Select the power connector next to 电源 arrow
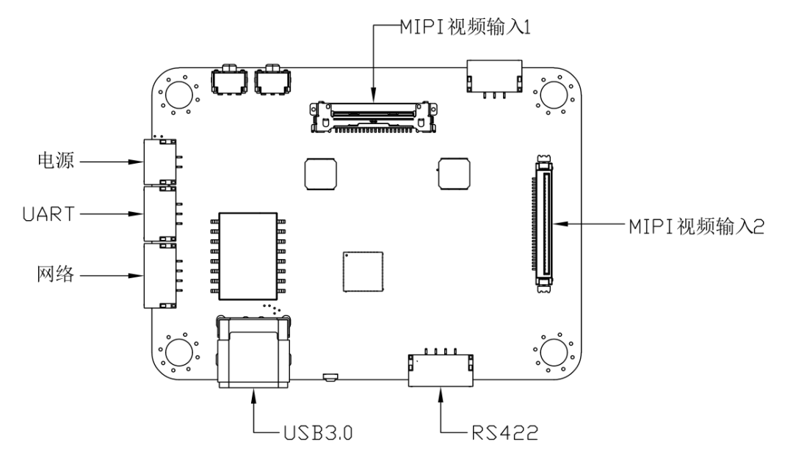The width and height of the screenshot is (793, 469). [x=159, y=161]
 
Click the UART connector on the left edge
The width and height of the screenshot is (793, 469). [x=159, y=214]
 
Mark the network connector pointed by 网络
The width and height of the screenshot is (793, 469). [x=159, y=275]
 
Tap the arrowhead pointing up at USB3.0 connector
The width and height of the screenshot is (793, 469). [x=254, y=396]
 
